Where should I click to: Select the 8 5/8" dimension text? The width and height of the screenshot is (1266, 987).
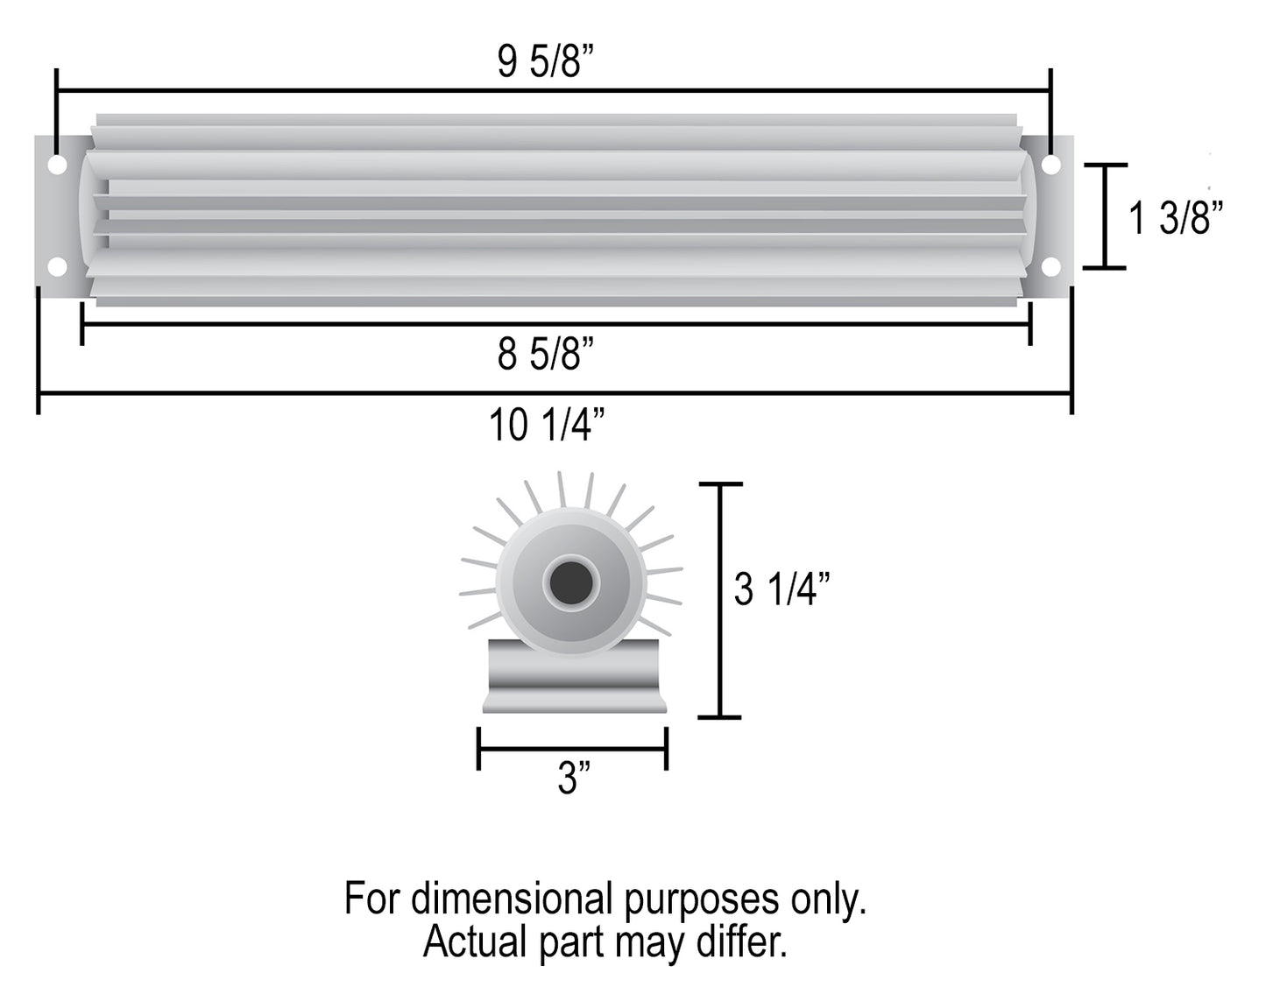pos(545,355)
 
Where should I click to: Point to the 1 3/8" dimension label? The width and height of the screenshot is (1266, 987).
pos(1175,217)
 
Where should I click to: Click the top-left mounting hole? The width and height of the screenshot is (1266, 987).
pos(57,165)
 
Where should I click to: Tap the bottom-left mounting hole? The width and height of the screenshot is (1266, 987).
pos(57,267)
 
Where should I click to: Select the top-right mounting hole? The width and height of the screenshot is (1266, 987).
pos(1051,165)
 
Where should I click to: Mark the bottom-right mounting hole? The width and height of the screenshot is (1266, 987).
pos(1051,267)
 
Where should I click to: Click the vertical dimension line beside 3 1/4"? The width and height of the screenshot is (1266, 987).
pos(720,600)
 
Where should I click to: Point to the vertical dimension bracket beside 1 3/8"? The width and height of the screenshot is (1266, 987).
pos(1104,215)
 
